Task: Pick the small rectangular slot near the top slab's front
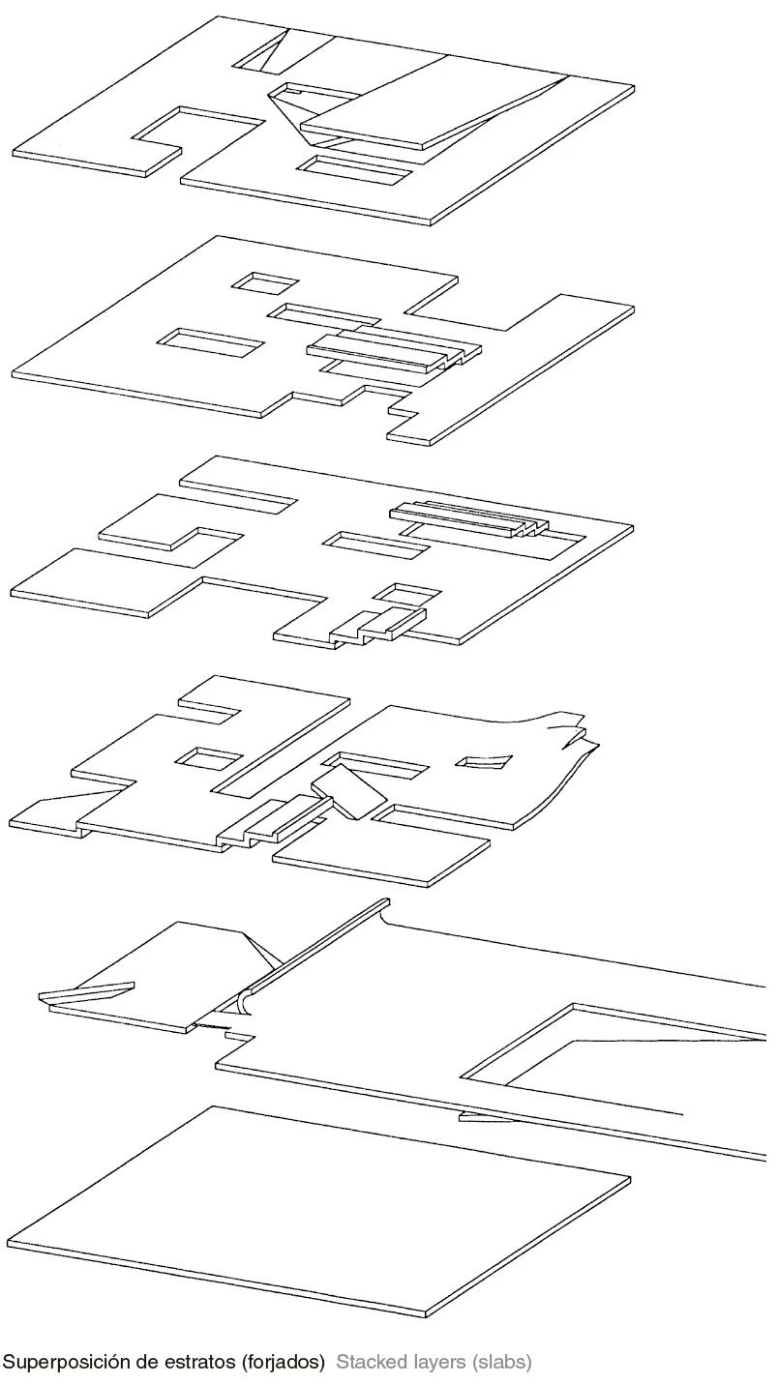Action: click(354, 170)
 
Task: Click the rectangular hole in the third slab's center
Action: click(377, 545)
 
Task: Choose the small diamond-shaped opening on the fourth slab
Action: click(485, 760)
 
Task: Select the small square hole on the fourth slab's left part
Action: click(210, 758)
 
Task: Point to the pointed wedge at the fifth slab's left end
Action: click(86, 993)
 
